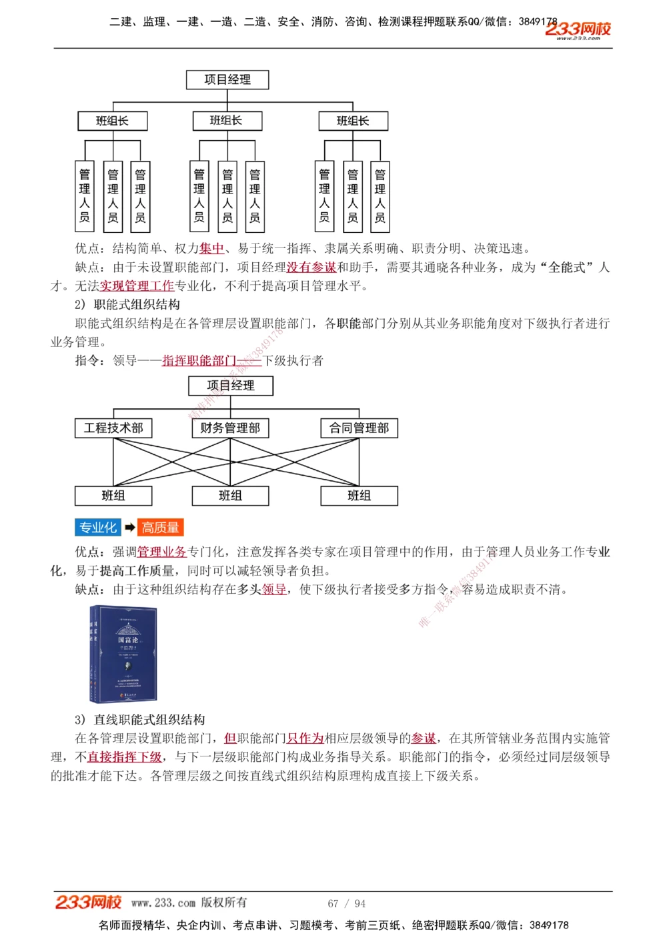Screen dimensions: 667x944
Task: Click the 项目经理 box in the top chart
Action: tap(227, 80)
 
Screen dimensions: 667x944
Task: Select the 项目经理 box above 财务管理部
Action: tap(231, 386)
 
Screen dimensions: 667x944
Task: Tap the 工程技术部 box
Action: tap(113, 428)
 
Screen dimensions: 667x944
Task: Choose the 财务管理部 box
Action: tap(230, 428)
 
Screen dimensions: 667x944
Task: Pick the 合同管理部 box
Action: tap(359, 428)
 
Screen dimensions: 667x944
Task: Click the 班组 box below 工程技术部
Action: tap(113, 496)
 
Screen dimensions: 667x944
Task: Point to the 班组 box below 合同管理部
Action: tap(359, 496)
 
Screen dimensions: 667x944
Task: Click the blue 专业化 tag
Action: tap(97, 528)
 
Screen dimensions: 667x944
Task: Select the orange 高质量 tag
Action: tap(160, 528)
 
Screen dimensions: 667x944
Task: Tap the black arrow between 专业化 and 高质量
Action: tap(130, 528)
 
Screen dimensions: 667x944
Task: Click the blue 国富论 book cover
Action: tap(123, 654)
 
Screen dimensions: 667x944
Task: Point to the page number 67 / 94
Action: tap(346, 903)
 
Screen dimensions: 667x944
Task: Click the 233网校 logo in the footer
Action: tap(88, 903)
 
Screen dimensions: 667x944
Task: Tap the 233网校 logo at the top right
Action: tap(578, 29)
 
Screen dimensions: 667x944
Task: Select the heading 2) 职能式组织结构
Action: tap(127, 305)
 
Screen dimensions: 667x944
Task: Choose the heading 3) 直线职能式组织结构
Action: tap(139, 720)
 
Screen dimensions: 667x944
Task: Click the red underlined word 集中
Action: tap(211, 249)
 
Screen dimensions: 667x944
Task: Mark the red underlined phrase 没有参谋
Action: tap(311, 268)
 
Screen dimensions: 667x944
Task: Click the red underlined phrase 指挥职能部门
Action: tap(199, 361)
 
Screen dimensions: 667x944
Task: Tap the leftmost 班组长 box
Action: tap(112, 121)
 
